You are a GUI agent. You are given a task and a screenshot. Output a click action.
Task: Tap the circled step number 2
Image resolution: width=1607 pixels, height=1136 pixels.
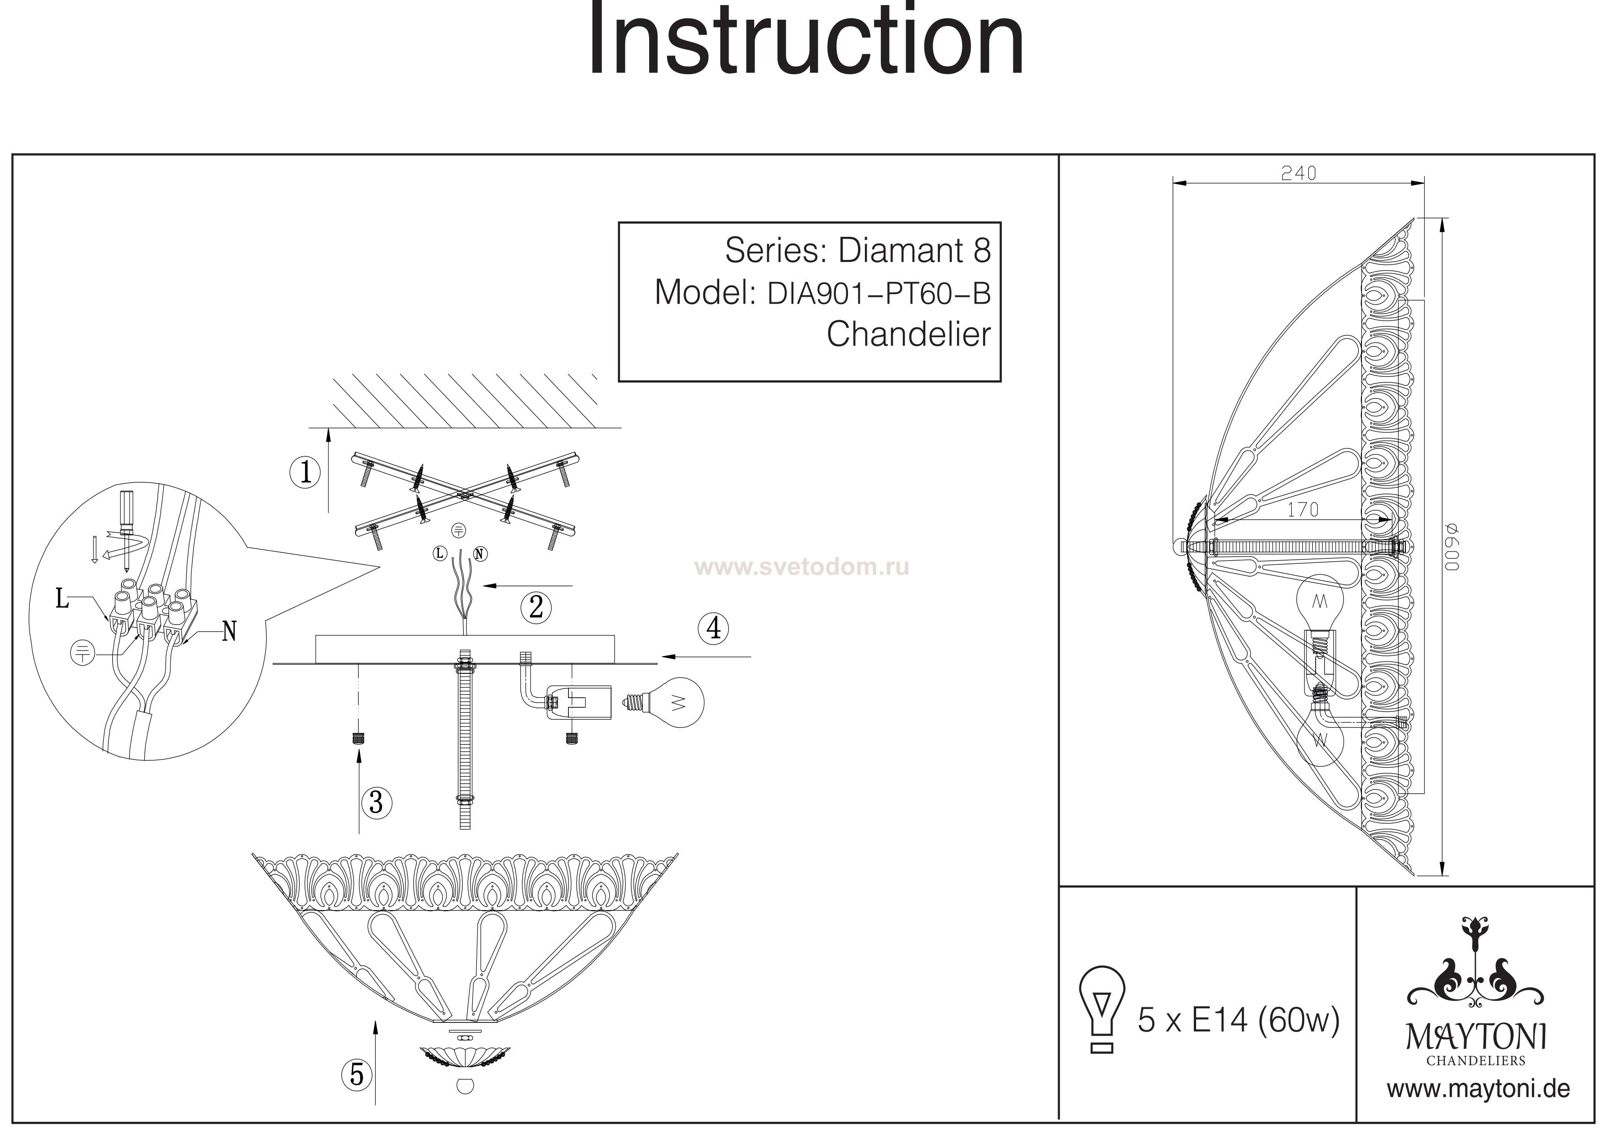pos(536,607)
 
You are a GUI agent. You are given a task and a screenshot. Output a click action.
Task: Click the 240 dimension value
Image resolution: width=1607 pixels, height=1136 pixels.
pos(1298,174)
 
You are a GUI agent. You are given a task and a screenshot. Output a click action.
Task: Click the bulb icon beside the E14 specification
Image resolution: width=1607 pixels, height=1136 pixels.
pos(1102,1009)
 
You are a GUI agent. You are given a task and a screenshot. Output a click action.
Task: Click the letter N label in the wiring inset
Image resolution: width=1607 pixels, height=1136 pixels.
pos(229,632)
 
